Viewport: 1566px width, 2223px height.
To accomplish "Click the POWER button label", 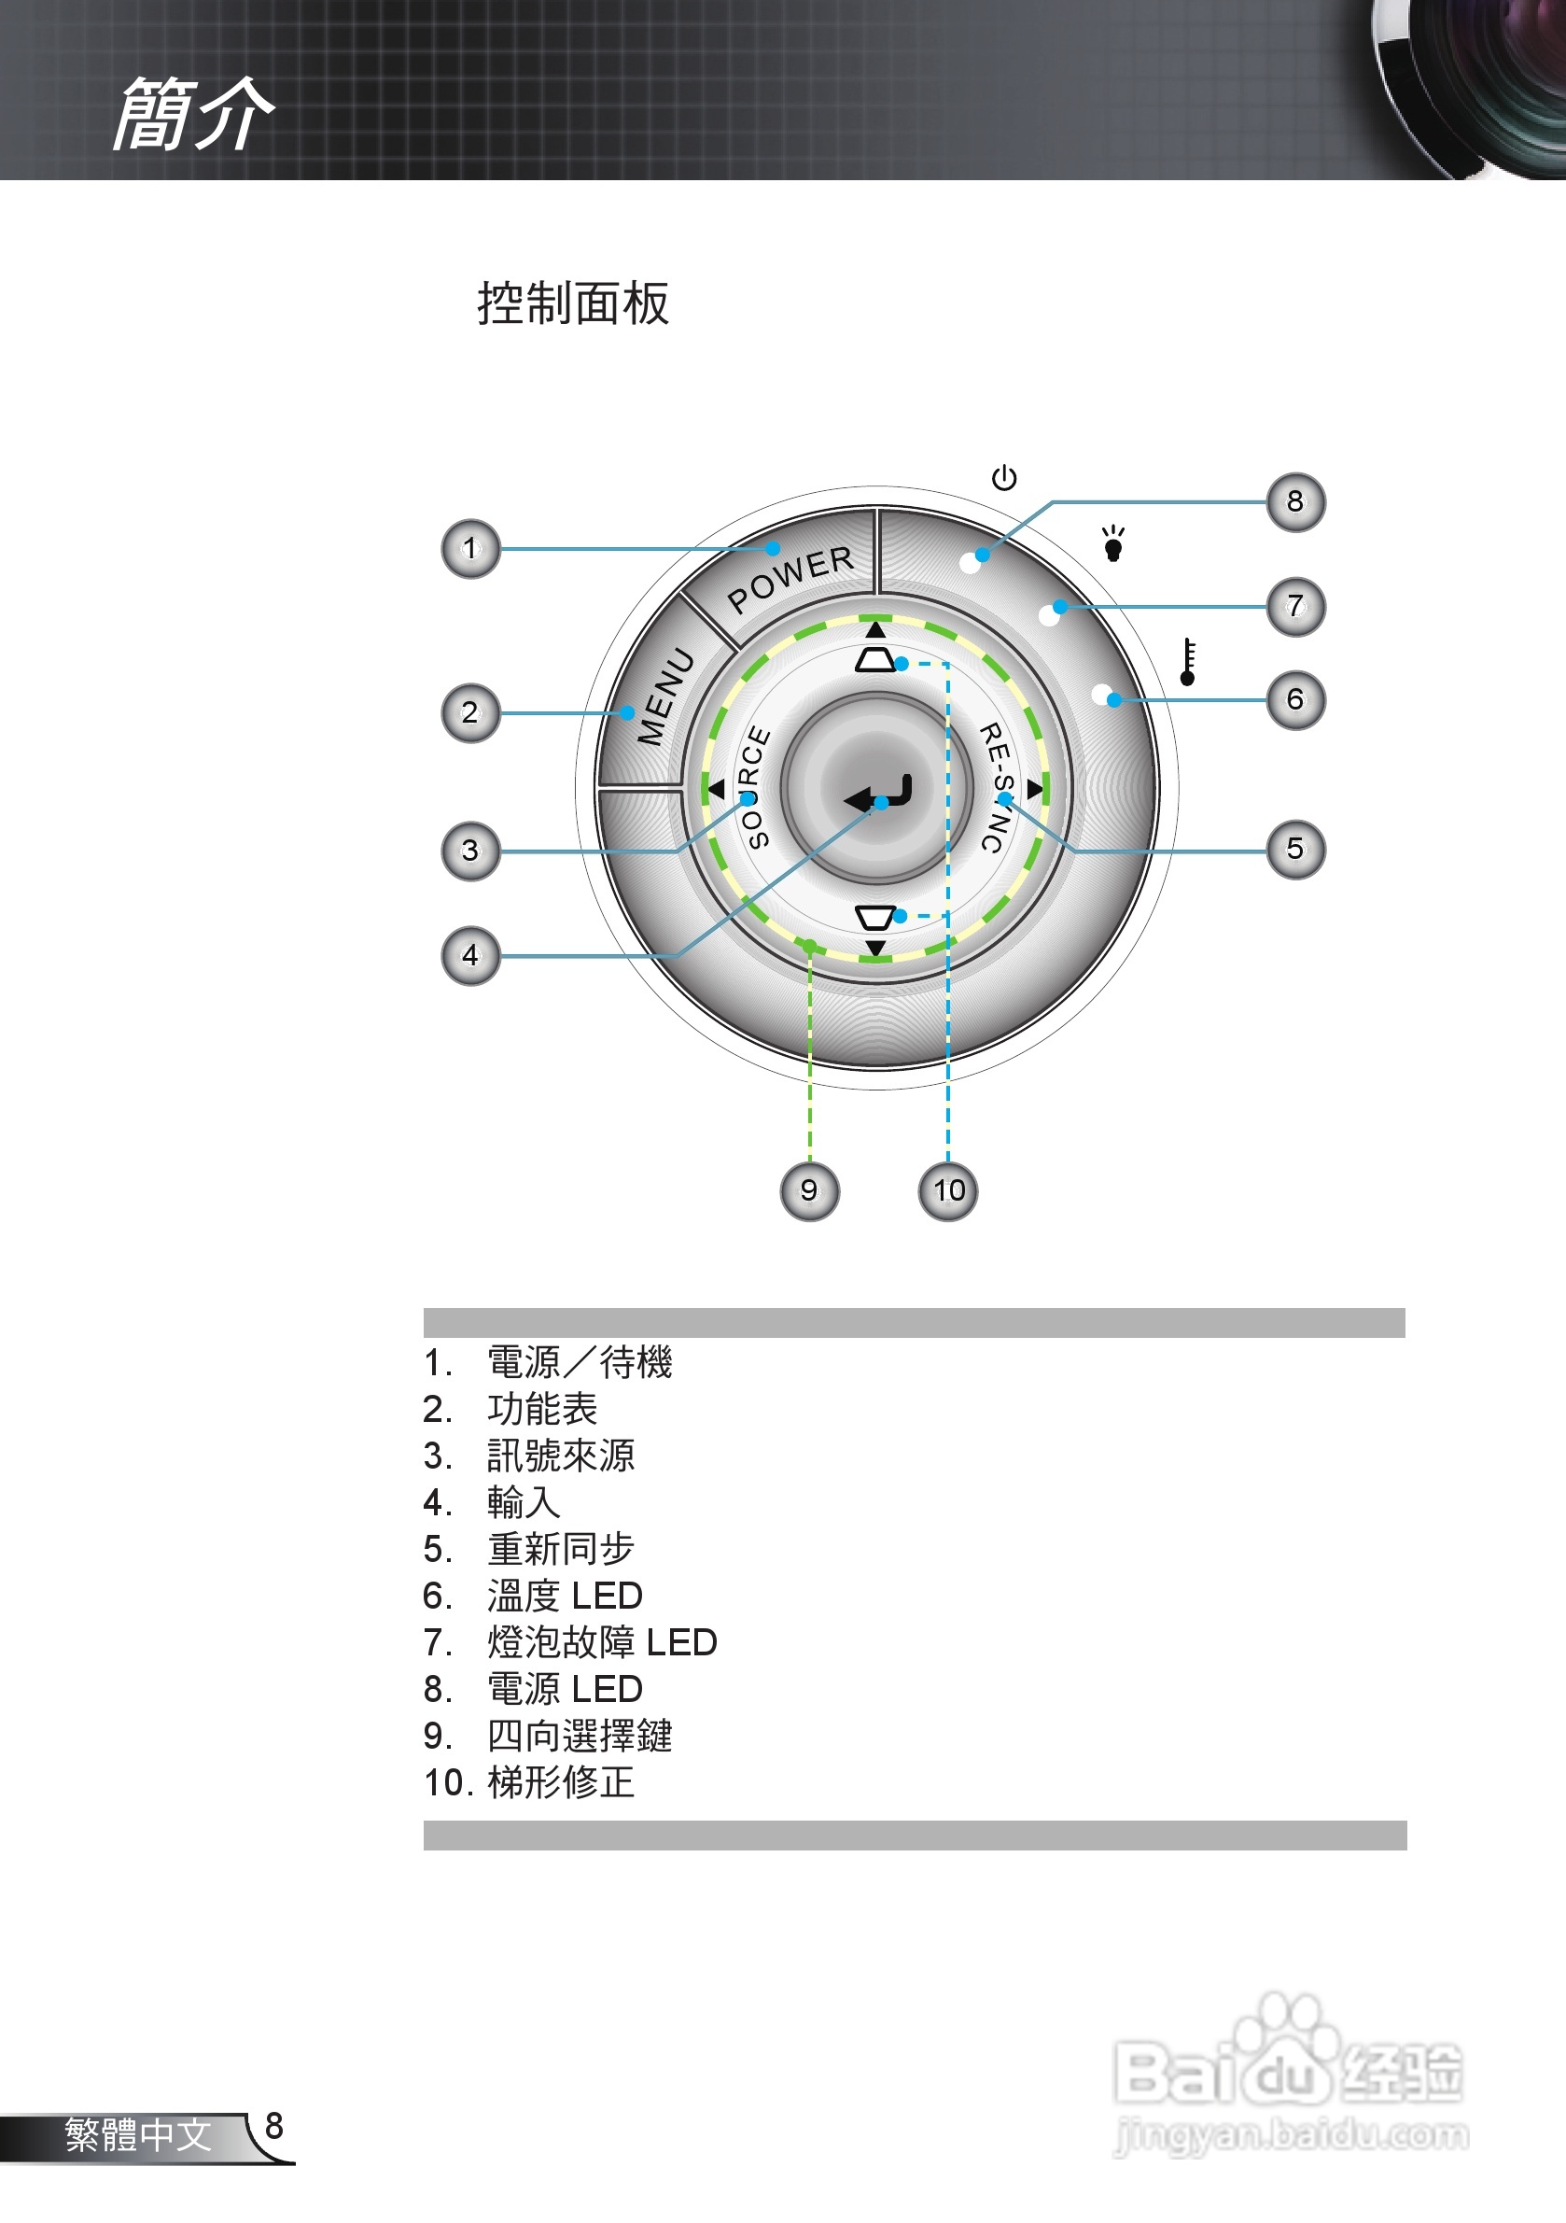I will pos(790,578).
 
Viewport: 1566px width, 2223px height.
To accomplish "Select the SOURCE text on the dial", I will pos(754,786).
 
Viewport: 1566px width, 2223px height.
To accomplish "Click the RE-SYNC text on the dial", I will pos(997,787).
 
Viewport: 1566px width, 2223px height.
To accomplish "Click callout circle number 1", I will pos(470,549).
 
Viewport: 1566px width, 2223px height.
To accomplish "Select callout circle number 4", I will pos(470,956).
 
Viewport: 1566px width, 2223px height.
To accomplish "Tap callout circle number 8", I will pos(1295,501).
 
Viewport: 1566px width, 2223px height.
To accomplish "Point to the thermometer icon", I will pos(1188,662).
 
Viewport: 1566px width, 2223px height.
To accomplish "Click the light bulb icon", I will pos(1113,544).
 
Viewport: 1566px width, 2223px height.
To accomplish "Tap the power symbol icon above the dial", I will pos(1003,477).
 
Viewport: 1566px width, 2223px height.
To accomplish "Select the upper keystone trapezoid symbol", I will pos(875,660).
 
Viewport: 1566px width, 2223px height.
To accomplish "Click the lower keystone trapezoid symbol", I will pos(875,917).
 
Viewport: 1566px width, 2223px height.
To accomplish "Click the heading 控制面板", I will pos(573,304).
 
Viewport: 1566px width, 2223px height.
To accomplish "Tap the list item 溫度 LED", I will pos(565,1596).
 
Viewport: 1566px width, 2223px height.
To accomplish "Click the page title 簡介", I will pos(193,114).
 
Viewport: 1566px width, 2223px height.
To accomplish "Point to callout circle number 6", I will pos(1295,699).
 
